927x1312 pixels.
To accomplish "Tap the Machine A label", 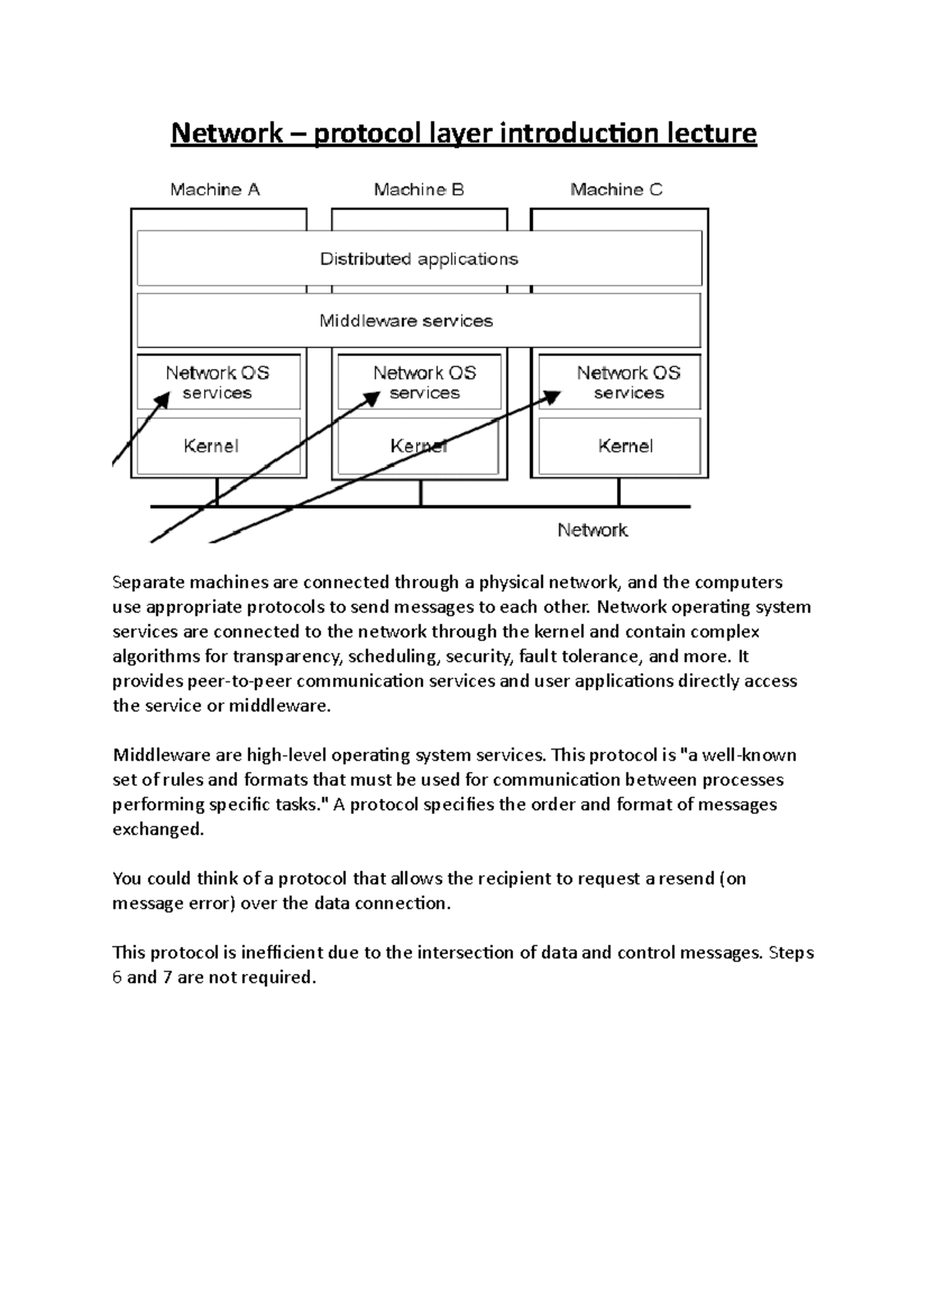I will [215, 189].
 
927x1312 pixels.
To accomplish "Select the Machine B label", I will [419, 189].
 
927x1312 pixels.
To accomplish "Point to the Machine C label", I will [616, 189].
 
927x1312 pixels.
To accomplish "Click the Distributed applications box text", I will [419, 259].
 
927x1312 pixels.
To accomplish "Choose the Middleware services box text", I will [406, 321].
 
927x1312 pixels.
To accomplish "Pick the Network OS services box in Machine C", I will [628, 382].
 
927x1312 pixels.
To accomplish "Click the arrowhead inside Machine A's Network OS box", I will [163, 399].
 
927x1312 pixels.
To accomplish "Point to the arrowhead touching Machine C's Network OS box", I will [552, 396].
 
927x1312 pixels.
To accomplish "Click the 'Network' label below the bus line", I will [593, 530].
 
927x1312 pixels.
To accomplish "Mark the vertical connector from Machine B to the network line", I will [420, 492].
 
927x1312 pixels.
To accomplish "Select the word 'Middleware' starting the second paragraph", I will [154, 755].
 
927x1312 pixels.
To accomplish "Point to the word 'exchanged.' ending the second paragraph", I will [158, 829].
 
